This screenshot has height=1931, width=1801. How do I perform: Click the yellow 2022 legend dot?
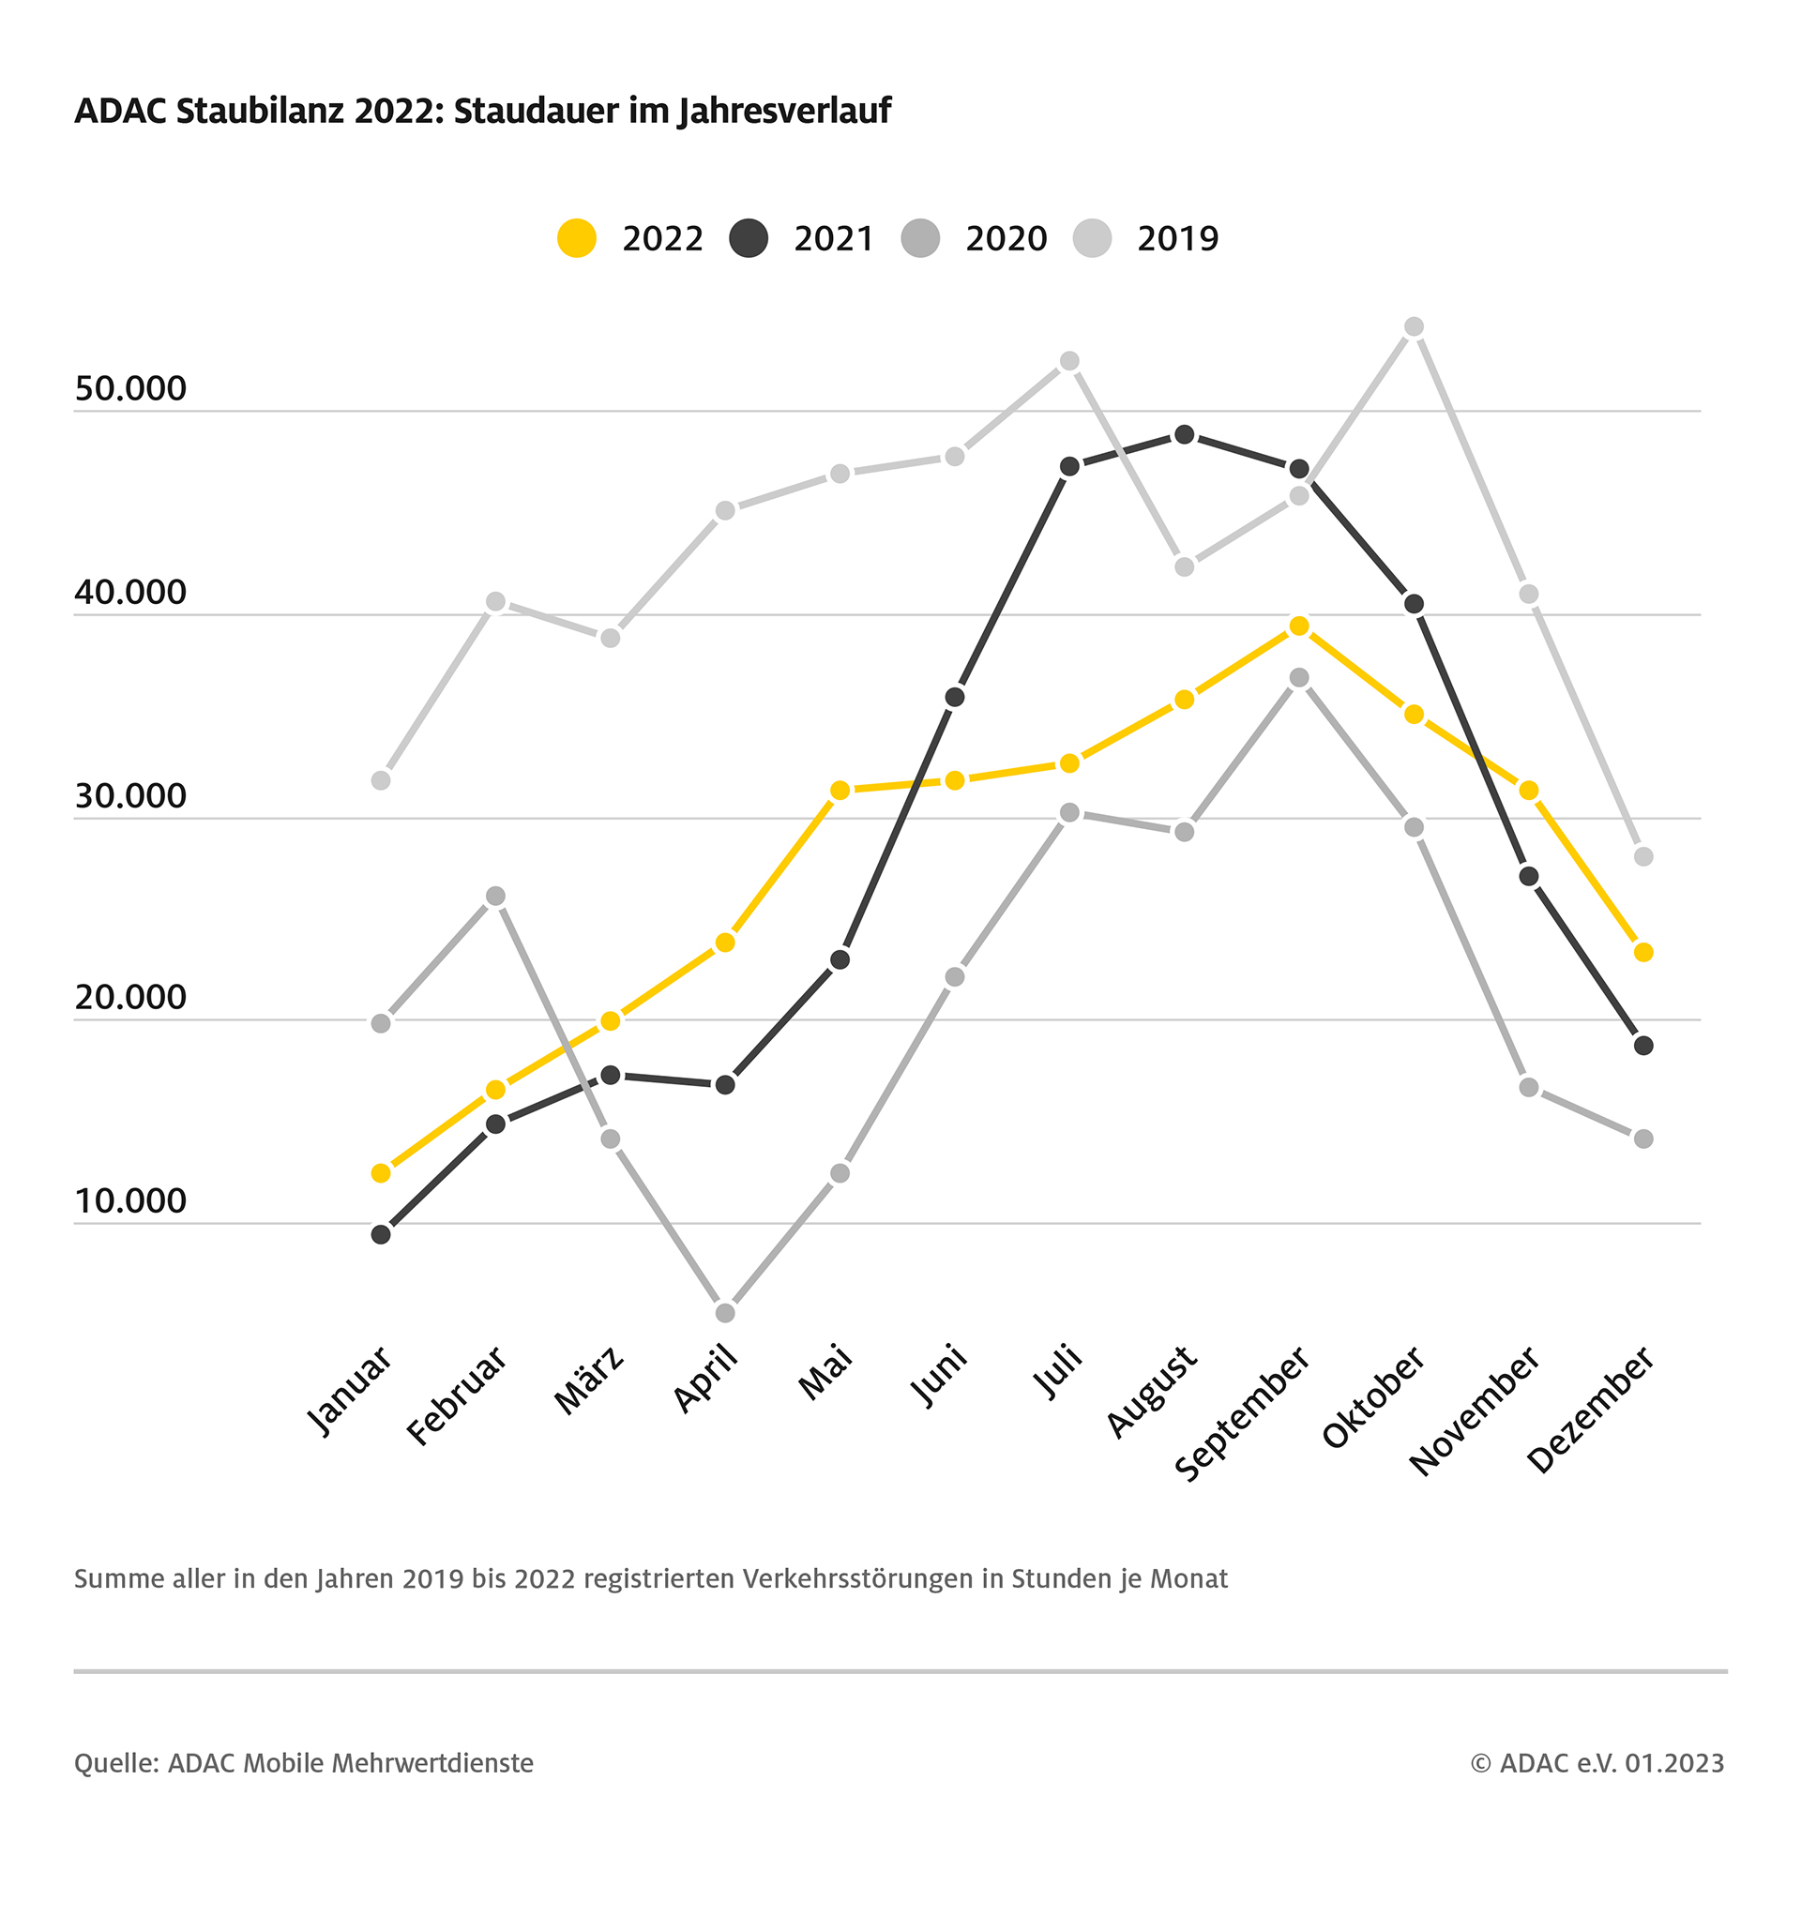(x=577, y=238)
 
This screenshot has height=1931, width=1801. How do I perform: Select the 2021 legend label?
(x=834, y=238)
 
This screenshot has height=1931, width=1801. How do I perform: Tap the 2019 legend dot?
(x=1093, y=238)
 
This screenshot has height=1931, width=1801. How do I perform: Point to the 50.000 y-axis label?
(x=130, y=388)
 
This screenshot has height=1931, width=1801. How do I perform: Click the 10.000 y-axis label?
(x=130, y=1201)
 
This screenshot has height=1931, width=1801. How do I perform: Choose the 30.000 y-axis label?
(x=130, y=796)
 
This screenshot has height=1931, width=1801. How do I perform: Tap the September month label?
(x=1244, y=1413)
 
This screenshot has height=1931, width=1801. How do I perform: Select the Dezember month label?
(x=1591, y=1409)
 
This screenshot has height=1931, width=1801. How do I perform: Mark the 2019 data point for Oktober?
(x=1415, y=327)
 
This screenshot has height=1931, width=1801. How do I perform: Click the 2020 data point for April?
(x=725, y=1313)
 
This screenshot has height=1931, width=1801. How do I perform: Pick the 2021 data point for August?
(x=1184, y=434)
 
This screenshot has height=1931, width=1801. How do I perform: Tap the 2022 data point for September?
(x=1299, y=626)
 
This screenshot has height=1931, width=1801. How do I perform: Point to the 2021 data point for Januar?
(x=381, y=1234)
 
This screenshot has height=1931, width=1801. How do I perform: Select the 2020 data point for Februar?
(x=495, y=896)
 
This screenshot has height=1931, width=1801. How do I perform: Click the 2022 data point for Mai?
(x=840, y=791)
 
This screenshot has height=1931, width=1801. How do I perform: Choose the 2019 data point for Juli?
(x=1069, y=361)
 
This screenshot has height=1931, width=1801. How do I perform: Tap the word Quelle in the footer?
(x=115, y=1763)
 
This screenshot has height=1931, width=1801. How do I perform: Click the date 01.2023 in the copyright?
(x=1674, y=1763)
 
